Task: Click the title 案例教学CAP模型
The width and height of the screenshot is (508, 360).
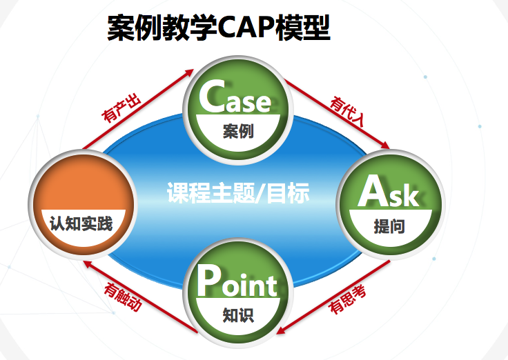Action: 219,28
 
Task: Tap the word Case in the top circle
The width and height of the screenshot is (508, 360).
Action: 235,97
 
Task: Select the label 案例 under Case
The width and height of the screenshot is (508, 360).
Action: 238,131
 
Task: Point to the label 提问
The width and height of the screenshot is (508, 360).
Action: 389,226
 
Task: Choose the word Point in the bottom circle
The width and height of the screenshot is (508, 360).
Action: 237,281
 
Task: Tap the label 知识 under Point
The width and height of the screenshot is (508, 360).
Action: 238,315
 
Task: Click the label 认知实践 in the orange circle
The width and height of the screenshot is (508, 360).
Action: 81,223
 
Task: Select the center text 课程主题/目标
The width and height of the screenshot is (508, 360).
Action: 238,193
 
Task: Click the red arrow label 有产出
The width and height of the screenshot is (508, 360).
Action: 121,108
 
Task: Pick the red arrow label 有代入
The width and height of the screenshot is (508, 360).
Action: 347,111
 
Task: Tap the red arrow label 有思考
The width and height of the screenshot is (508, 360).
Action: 347,299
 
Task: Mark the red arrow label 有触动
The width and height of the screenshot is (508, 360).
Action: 123,297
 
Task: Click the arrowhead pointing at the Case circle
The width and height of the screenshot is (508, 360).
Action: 189,72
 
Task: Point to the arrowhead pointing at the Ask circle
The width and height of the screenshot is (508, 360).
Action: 385,145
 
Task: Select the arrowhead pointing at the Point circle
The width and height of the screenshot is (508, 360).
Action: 281,330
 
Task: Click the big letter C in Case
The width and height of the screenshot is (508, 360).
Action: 212,95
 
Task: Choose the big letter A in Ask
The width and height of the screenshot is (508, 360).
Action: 373,190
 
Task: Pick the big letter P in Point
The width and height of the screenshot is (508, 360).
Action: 208,280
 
